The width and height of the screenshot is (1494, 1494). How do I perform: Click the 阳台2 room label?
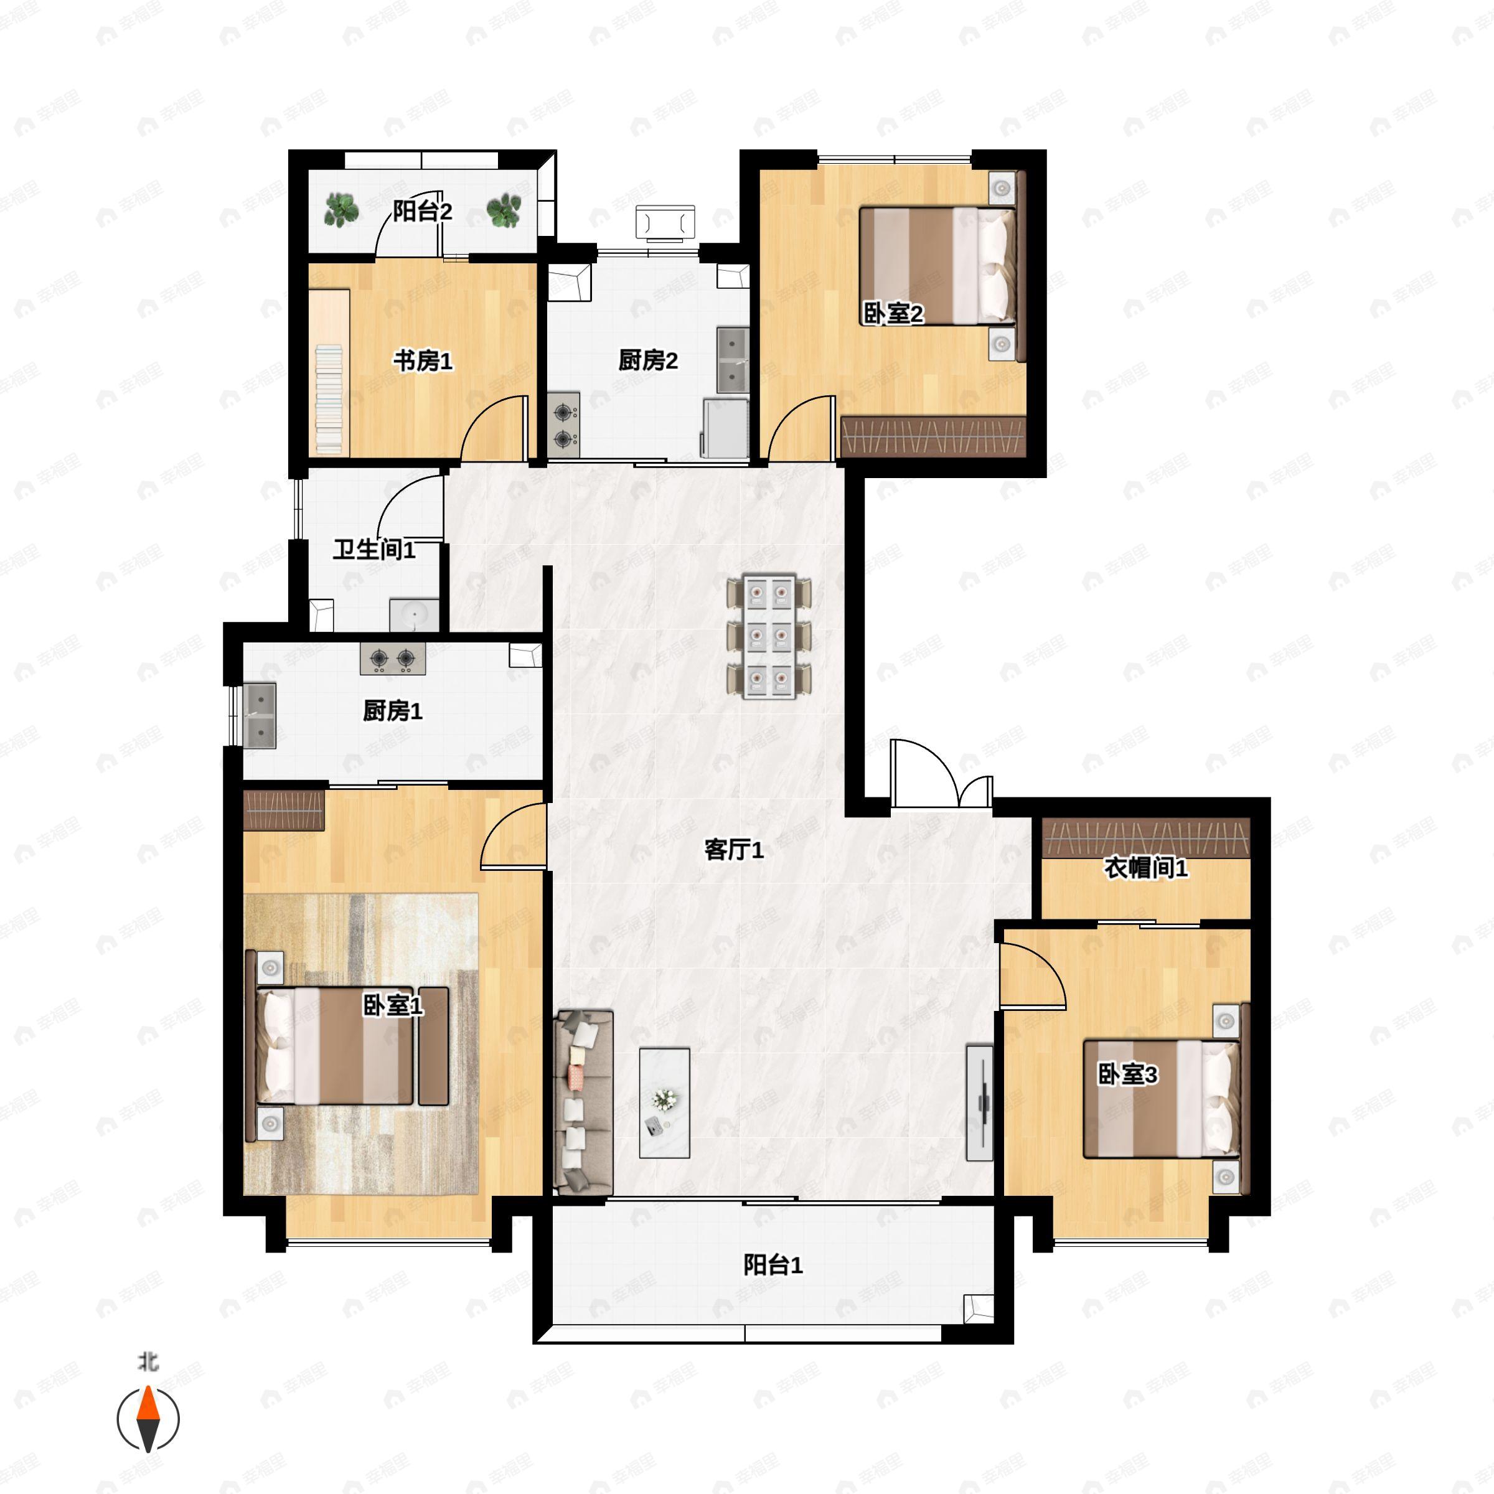coord(422,211)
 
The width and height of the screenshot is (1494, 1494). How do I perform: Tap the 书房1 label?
coord(423,360)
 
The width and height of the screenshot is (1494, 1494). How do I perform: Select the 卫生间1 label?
coord(374,550)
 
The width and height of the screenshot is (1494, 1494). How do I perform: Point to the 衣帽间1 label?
coord(1145,868)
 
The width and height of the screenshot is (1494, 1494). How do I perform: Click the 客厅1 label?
coord(734,850)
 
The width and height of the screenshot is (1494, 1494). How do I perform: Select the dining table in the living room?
coord(769,636)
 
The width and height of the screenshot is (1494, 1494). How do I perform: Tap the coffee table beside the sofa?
coord(664,1102)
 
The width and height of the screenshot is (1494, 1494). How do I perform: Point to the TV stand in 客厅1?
coord(980,1102)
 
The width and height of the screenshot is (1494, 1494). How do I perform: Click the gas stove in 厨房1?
coord(392,658)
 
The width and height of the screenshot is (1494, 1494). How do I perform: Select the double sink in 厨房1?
coord(260,715)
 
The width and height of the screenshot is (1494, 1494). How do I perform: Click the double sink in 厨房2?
coord(732,360)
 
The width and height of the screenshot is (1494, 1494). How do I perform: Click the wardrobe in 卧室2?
coord(933,437)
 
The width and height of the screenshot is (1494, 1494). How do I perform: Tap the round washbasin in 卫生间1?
coord(415,616)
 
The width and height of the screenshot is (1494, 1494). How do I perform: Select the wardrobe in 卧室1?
coord(284,810)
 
